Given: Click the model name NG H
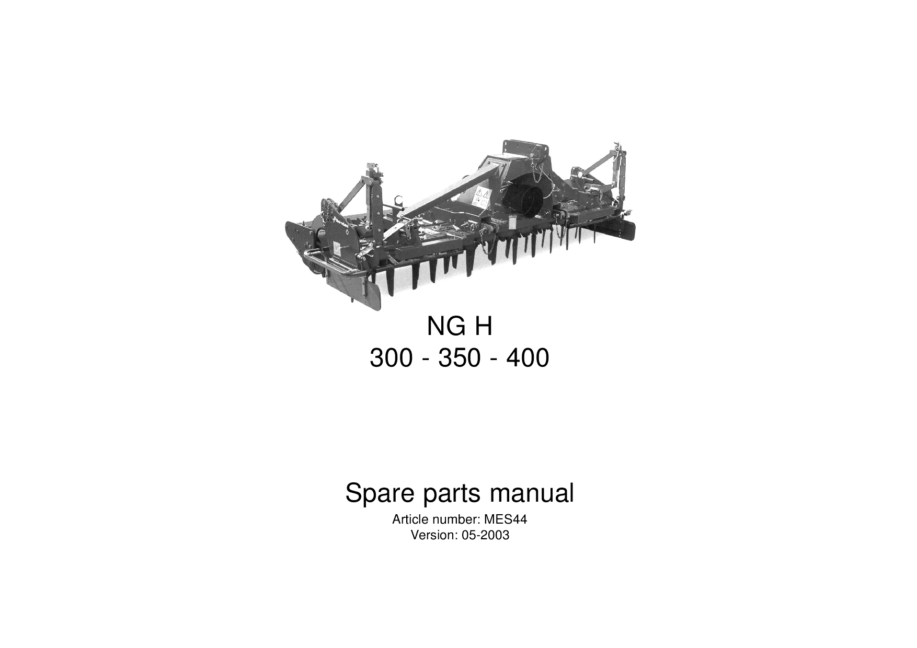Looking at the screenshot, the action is coord(460,328).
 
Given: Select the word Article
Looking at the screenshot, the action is coord(408,520).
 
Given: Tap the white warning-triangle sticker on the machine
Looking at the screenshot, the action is coord(482,195).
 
